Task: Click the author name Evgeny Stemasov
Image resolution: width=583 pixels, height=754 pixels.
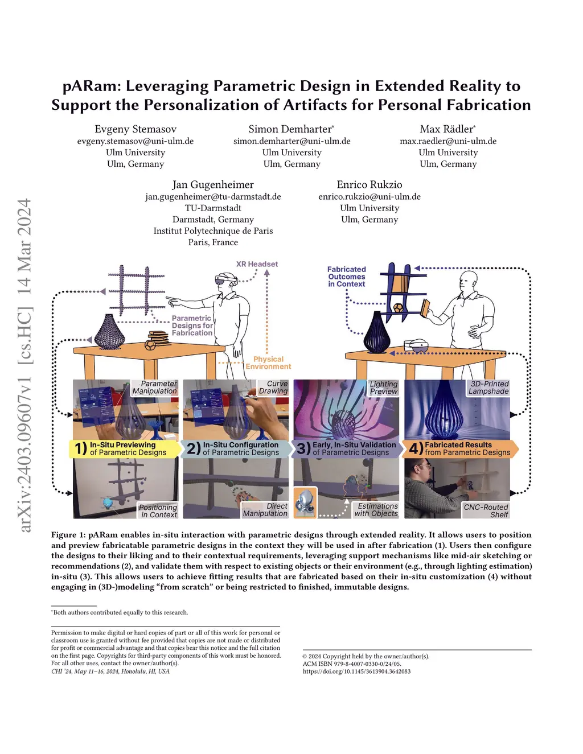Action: [x=136, y=129]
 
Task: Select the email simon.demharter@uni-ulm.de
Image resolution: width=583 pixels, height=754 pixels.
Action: [x=291, y=141]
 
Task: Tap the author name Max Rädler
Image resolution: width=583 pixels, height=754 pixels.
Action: [x=447, y=129]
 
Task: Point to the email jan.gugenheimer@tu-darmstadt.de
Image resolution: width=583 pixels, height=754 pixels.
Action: [x=213, y=196]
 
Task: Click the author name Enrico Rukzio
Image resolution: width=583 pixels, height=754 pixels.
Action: [x=369, y=185]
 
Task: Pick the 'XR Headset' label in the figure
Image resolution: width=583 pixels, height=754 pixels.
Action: [x=257, y=264]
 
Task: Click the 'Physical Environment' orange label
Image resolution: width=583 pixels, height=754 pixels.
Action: [x=268, y=363]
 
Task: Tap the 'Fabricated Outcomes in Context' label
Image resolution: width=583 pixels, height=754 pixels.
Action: [x=346, y=277]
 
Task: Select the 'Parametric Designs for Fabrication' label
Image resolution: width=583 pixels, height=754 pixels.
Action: [x=192, y=326]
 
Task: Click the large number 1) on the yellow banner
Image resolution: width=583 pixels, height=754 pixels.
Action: [x=81, y=449]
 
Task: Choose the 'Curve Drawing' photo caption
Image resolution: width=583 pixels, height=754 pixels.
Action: [x=273, y=388]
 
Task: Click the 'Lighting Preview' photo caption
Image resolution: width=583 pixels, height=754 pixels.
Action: [x=384, y=388]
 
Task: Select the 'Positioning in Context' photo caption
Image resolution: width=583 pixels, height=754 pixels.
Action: [x=158, y=511]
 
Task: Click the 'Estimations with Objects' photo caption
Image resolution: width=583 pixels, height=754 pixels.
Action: [x=376, y=510]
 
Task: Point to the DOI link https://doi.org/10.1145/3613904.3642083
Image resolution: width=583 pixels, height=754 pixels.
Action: [x=356, y=671]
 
